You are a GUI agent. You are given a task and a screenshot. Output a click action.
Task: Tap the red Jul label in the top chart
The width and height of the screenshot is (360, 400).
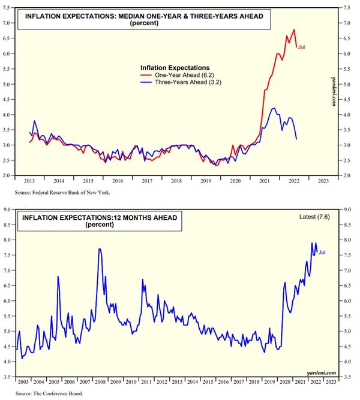pos(302,47)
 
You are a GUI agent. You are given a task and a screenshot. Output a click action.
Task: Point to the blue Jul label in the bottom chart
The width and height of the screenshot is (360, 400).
pos(322,252)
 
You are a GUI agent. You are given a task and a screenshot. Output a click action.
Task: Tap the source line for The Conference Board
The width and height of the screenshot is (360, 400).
pos(50,394)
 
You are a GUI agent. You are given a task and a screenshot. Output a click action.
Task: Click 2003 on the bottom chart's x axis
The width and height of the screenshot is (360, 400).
pos(23,382)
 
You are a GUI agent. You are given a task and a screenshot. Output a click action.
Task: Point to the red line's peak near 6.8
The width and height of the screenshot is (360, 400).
pos(294,29)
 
